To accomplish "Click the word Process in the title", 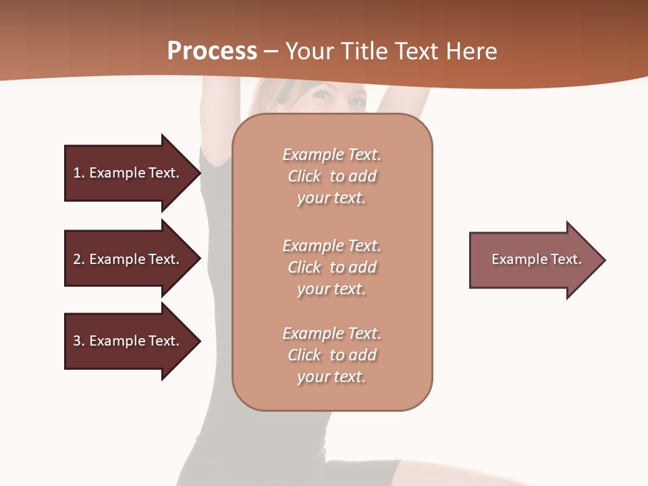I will point(212,51).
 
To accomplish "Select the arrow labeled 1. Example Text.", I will point(128,173).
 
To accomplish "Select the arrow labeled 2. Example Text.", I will point(128,259).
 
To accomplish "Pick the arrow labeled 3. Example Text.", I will point(128,341).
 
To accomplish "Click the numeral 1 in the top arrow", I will point(77,173).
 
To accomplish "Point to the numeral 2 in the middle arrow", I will point(77,259).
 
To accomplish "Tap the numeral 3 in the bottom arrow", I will point(77,341).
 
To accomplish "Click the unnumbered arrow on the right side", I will point(533,260).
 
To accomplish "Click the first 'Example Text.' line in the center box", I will point(331,155).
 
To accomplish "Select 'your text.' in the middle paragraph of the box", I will point(331,289).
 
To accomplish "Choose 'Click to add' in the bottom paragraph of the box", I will point(331,355).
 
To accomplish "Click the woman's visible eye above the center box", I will point(323,97).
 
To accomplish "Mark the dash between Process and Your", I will point(271,51).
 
